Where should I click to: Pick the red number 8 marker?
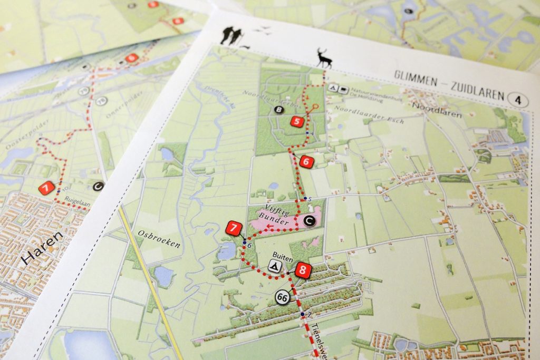(x=302, y=271)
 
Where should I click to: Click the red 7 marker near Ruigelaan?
(x=46, y=188)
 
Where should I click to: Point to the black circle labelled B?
(x=278, y=110)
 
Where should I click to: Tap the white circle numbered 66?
(x=283, y=297)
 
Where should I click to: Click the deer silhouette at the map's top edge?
(x=323, y=58)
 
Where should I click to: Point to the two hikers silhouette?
(x=232, y=36)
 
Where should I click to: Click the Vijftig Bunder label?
(x=277, y=216)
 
